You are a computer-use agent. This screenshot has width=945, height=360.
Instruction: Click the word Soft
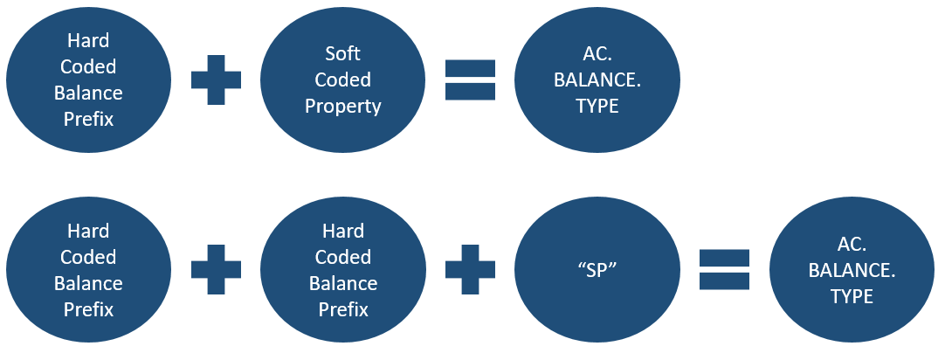[343, 53]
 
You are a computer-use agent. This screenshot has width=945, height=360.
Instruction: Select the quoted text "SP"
[598, 269]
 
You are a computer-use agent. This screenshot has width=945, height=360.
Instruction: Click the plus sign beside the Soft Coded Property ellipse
[216, 80]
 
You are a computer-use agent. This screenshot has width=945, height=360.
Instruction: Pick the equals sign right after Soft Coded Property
[471, 80]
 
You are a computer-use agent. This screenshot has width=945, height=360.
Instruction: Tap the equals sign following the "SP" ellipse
[725, 269]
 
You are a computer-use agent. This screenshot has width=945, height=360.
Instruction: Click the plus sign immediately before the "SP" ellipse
[471, 269]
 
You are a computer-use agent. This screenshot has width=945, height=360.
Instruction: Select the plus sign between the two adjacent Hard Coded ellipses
[216, 269]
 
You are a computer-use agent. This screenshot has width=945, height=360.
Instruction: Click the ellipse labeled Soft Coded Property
[343, 80]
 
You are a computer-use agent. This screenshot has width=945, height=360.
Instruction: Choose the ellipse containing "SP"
[598, 269]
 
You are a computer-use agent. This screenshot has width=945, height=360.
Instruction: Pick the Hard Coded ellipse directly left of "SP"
[343, 269]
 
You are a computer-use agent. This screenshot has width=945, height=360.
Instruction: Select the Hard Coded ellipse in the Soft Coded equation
[88, 80]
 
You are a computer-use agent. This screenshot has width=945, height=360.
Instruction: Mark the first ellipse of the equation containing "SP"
[88, 269]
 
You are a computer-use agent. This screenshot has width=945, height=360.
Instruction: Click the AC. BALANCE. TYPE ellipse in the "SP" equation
[852, 269]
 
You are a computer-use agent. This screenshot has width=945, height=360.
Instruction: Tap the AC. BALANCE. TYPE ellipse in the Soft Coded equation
[598, 80]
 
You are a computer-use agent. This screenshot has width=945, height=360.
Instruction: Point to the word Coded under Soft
[343, 80]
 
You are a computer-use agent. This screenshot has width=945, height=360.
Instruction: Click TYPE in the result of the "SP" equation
[852, 296]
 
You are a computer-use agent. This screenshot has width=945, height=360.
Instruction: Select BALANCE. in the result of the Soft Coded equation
[598, 80]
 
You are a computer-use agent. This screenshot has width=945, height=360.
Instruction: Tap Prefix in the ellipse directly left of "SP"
[343, 309]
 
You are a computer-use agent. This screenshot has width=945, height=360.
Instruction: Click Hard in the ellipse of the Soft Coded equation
[88, 40]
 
